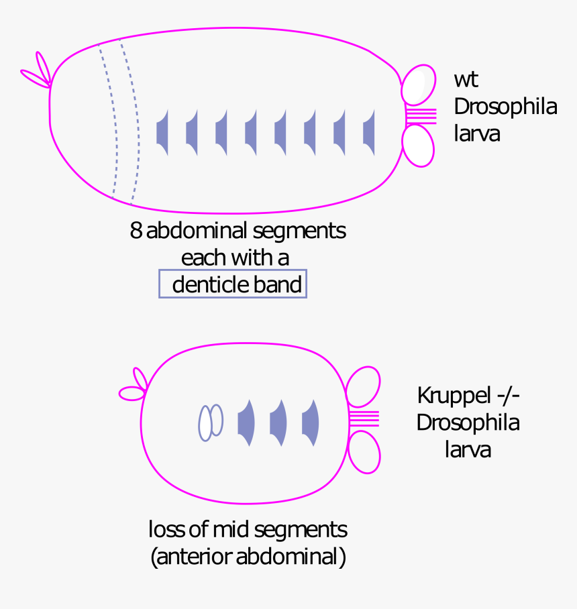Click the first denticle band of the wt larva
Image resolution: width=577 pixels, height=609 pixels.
[162, 133]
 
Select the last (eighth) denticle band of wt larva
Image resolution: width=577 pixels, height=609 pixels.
[369, 133]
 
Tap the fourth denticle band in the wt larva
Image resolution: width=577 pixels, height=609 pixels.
[251, 133]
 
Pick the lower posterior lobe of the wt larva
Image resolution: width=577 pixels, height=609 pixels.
[418, 146]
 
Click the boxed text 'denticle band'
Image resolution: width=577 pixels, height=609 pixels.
[233, 284]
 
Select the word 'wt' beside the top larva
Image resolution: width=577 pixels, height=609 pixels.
[466, 79]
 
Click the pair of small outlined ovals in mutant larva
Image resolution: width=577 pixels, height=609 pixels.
[210, 422]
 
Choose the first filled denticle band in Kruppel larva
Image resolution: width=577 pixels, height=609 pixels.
[247, 423]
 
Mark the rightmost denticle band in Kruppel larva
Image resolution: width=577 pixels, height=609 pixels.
[311, 423]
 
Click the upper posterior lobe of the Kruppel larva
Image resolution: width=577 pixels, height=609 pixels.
[363, 386]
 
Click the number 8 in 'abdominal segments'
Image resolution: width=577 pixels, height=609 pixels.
[136, 231]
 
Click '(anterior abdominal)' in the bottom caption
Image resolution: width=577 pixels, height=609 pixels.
[248, 557]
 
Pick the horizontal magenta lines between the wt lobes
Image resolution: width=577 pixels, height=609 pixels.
[421, 115]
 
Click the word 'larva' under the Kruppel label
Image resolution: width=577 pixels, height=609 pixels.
[468, 449]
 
